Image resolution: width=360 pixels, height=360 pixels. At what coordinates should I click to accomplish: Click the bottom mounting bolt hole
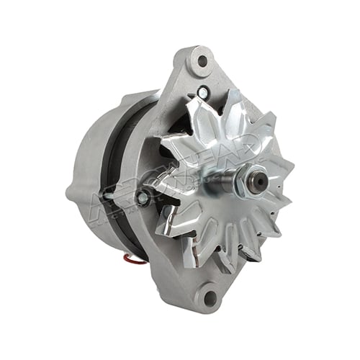210,294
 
